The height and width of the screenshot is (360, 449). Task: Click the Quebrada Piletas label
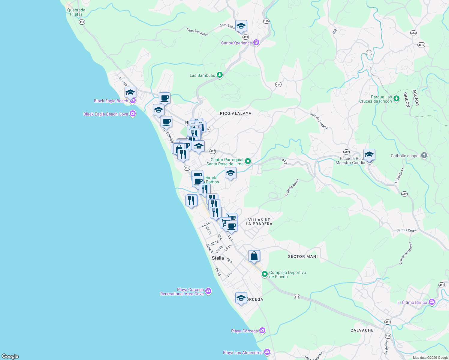76,12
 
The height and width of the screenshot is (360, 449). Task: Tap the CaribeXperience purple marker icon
256,43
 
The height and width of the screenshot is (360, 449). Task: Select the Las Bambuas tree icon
220,75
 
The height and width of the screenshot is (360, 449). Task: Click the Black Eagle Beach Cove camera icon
133,114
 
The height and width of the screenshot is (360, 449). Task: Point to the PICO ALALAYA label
236,113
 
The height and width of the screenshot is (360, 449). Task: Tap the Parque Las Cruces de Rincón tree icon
396,98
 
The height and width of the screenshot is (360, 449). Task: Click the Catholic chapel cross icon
424,155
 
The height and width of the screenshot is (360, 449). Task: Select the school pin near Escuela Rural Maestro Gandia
369,155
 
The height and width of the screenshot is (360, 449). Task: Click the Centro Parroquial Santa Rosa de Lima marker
248,161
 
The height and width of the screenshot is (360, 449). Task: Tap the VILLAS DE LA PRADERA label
259,222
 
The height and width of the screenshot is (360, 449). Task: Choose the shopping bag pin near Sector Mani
254,256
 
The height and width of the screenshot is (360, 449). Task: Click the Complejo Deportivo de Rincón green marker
265,274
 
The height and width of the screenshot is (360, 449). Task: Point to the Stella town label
218,258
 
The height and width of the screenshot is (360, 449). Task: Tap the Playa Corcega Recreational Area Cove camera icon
208,291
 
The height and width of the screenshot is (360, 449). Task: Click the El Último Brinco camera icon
432,302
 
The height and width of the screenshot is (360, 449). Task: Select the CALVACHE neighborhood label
362,330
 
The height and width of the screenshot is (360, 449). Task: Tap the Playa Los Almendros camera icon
267,352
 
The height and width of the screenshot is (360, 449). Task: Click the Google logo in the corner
11,356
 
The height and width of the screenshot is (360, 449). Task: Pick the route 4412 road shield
421,45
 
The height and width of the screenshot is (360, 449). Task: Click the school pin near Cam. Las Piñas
241,26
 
